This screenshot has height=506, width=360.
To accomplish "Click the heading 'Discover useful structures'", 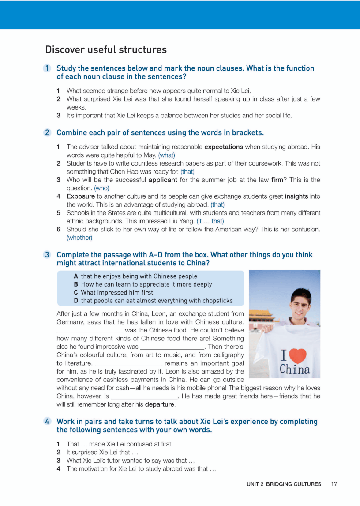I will click(106, 49).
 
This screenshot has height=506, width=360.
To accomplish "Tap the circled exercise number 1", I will click(47, 68).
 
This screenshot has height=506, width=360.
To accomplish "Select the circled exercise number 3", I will click(47, 255).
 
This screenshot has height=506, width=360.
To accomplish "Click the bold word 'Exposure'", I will click(81, 196).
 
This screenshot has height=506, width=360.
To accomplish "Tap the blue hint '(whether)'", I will click(79, 238).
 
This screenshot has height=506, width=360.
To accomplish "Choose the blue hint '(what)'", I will click(167, 155).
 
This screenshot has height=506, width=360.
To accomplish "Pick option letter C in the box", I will click(76, 292).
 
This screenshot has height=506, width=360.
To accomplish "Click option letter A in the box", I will click(76, 276).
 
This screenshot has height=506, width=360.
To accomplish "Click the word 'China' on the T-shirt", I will click(295, 370).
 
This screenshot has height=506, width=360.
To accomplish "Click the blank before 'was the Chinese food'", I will click(90, 330).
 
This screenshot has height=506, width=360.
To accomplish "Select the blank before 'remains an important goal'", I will click(129, 363).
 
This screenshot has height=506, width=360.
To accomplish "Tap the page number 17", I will click(334, 484).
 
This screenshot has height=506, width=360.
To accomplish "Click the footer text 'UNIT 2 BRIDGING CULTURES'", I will click(284, 484).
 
